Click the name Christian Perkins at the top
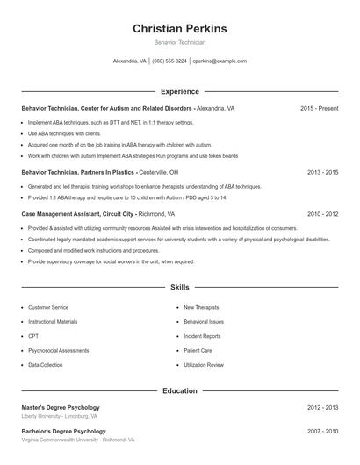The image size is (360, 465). [x=179, y=28]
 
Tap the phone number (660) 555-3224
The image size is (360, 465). [x=169, y=61]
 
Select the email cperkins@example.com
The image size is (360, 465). [x=220, y=61]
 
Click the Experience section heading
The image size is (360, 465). [x=179, y=91]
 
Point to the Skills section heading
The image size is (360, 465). [x=179, y=287]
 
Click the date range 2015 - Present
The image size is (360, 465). [x=319, y=108]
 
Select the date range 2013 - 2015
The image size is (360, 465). [x=322, y=173]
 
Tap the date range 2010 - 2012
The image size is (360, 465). [x=322, y=213]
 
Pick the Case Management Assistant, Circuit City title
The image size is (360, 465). [x=78, y=213]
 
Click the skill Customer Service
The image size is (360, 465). [x=48, y=308]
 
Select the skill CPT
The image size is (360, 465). [x=33, y=336]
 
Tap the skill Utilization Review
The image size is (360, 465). [x=204, y=364]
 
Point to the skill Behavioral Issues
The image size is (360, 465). [x=204, y=322]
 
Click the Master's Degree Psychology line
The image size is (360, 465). [x=61, y=407]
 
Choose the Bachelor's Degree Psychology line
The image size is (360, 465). [x=63, y=431]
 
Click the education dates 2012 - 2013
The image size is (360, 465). [x=322, y=407]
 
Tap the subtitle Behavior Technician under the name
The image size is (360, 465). [x=179, y=42]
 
